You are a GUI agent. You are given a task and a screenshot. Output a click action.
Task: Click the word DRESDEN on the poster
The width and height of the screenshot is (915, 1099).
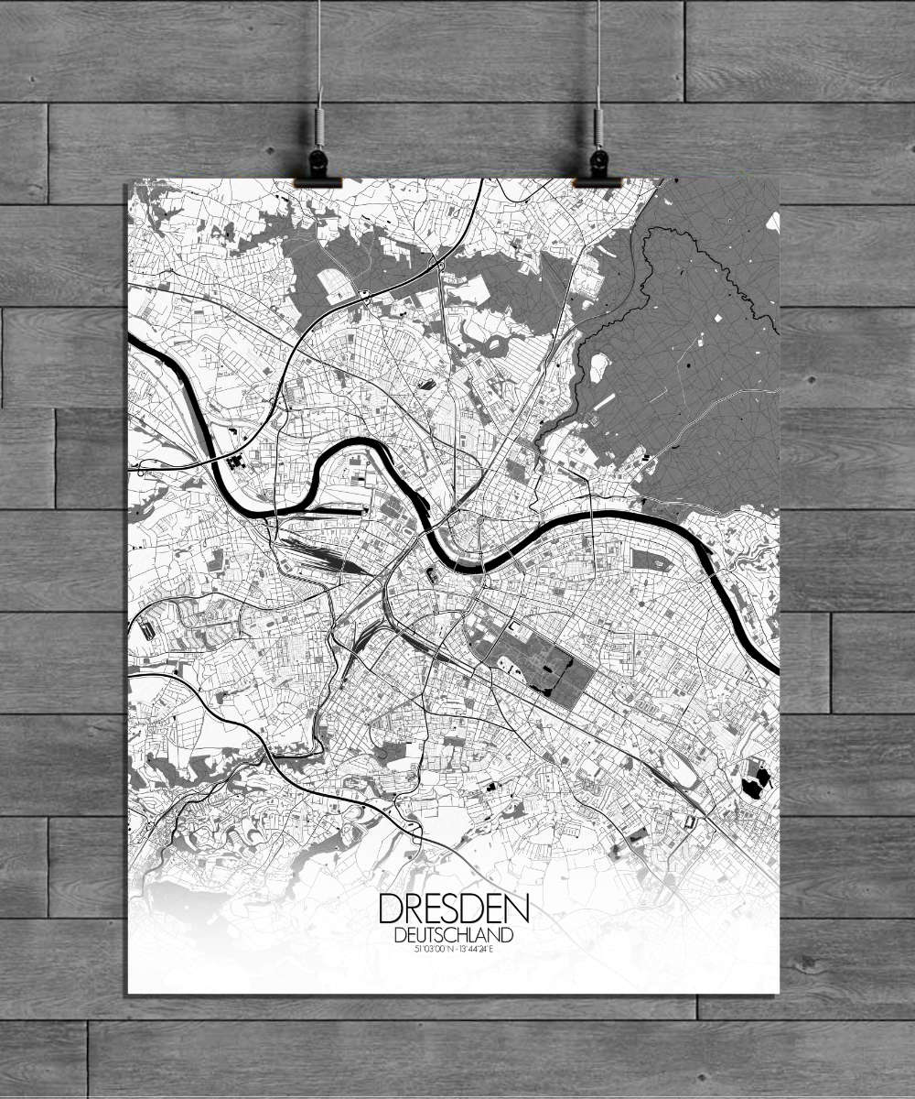click(453, 909)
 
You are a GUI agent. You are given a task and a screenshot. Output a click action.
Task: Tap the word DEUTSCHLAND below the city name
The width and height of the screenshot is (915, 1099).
click(453, 935)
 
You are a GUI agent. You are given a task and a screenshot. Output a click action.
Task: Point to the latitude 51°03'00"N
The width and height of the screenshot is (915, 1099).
click(430, 949)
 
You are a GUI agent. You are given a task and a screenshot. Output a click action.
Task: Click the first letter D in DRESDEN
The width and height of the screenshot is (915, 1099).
click(389, 909)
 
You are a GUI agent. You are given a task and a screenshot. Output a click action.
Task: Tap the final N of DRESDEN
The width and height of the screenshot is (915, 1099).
click(518, 909)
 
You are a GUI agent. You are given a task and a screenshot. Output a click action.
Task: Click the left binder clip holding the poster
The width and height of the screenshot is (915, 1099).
click(318, 169)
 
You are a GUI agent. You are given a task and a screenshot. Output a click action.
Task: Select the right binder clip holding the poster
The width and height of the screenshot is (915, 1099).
click(597, 169)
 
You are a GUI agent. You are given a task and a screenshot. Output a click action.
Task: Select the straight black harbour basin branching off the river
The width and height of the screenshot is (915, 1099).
click(329, 511)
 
